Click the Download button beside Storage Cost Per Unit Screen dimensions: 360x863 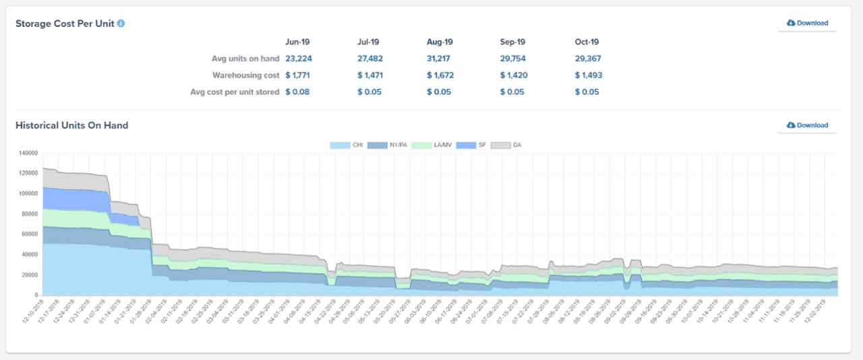[807, 23]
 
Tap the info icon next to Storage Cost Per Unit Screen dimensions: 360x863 [121, 24]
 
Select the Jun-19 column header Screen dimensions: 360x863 [297, 42]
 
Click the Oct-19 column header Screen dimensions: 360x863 [587, 42]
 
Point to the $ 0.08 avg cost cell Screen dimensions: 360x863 [297, 92]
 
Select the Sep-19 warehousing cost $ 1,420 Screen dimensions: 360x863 [512, 76]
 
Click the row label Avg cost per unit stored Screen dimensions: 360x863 [235, 92]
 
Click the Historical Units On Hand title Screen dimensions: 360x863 [71, 125]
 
